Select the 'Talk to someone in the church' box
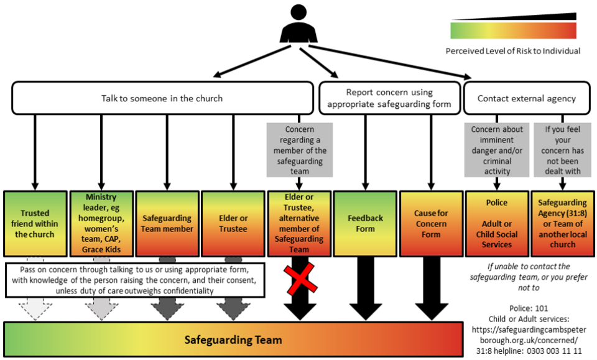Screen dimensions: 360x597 [162, 98]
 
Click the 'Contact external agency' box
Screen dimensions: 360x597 [526, 98]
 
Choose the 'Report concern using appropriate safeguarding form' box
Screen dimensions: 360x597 [389, 98]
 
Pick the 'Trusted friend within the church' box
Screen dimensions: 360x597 [35, 224]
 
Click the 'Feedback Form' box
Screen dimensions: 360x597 [365, 224]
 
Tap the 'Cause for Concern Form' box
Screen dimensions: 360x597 [430, 224]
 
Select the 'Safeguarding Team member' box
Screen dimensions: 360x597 [166, 224]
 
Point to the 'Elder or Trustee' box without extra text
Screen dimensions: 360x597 [233, 224]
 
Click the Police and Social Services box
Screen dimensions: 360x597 [497, 224]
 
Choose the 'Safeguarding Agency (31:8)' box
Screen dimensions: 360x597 [562, 224]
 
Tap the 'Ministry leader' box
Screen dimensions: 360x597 [101, 224]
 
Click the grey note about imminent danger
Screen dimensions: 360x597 [496, 150]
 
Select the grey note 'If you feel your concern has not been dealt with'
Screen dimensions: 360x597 [562, 150]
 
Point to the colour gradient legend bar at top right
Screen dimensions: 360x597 [513, 30]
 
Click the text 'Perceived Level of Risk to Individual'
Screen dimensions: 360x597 [513, 51]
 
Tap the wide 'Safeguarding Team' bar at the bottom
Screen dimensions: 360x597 [233, 339]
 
